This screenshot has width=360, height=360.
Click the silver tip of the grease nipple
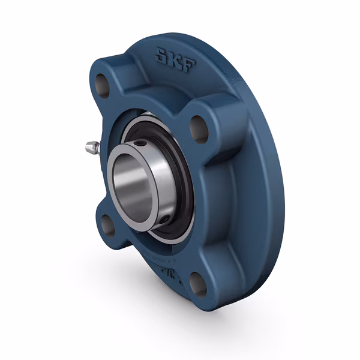pos(85,145)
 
